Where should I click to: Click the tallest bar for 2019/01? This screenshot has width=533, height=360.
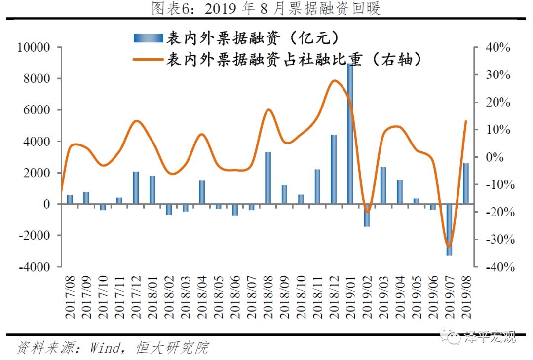coord(350,134)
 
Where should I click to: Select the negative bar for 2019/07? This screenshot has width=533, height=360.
coord(449,230)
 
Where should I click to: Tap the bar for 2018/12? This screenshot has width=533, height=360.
coord(334,169)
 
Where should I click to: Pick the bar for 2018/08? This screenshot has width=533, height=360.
coord(267,178)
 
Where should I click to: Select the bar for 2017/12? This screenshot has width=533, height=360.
coord(136,188)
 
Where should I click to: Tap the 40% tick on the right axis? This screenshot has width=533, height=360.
coord(499,48)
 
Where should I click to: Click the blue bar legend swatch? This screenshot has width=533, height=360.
coord(148,38)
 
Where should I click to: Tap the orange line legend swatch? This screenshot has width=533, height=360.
coord(148,60)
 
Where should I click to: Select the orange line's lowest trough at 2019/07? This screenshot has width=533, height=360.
coord(449,246)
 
